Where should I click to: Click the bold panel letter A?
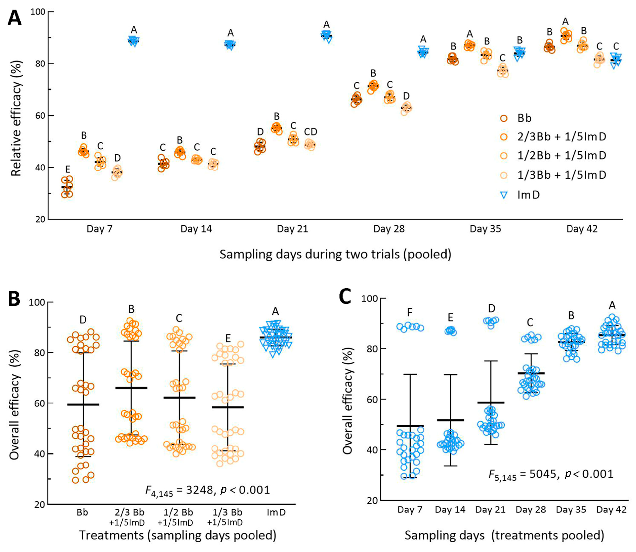[x=15, y=18]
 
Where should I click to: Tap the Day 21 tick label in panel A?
[x=292, y=229]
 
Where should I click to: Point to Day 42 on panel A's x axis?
[x=582, y=229]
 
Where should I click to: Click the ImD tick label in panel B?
[x=276, y=512]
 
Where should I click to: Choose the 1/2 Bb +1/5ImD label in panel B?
[x=179, y=517]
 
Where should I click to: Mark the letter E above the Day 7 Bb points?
[x=67, y=169]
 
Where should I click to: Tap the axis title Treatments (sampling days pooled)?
[x=178, y=535]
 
